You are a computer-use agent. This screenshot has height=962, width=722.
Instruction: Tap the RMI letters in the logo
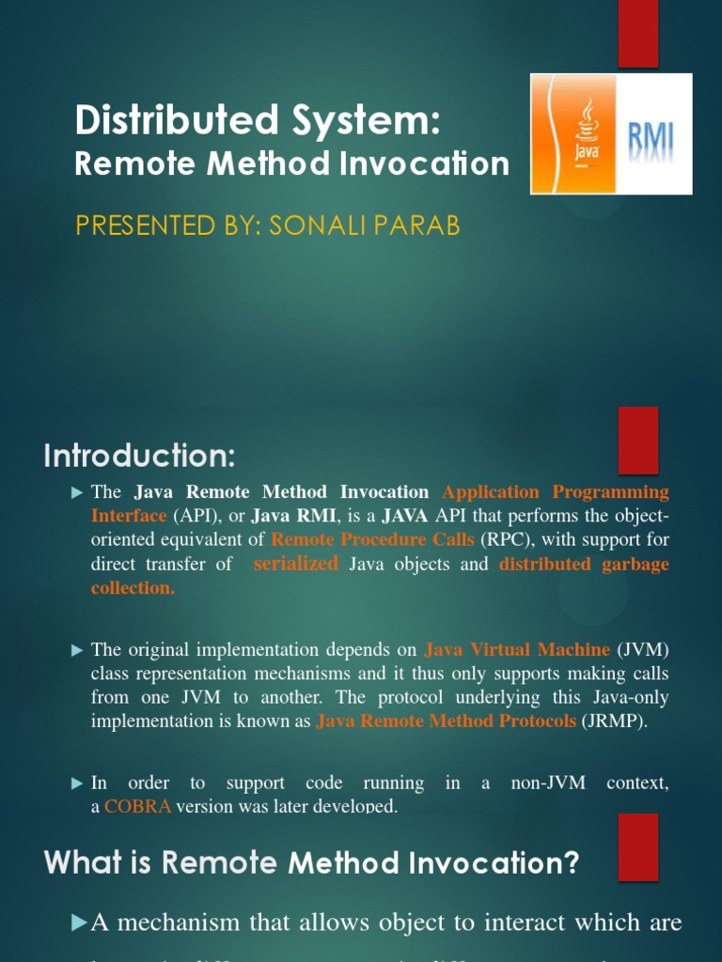click(x=650, y=134)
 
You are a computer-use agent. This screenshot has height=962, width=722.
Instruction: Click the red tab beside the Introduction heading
click(x=637, y=441)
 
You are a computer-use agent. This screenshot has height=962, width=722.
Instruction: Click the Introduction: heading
click(x=139, y=458)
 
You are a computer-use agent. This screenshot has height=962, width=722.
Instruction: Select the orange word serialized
click(x=295, y=564)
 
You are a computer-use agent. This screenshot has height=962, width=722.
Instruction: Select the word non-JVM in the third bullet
click(x=548, y=783)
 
